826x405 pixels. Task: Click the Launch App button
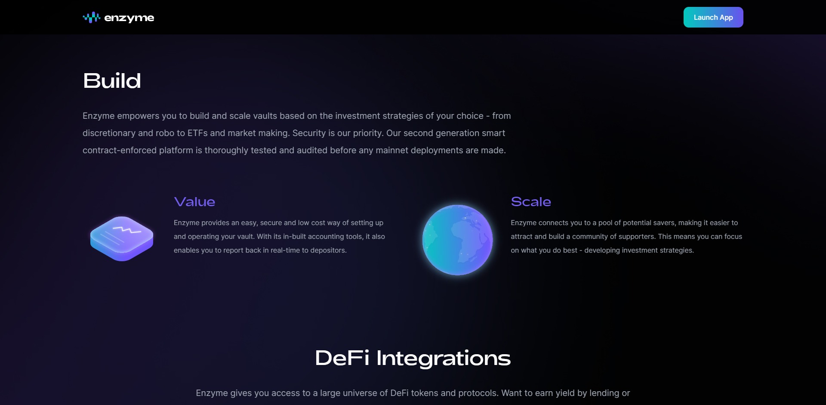point(713,17)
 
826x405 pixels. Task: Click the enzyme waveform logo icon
point(92,17)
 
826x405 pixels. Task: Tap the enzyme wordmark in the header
point(129,18)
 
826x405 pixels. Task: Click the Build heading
point(112,81)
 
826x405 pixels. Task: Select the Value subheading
point(194,202)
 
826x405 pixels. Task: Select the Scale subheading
point(531,202)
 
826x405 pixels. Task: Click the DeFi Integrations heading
point(413,358)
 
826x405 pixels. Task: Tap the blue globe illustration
point(458,240)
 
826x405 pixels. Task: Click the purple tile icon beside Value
point(122,238)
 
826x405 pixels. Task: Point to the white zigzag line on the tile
point(127,230)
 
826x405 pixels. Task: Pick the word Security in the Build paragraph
point(309,133)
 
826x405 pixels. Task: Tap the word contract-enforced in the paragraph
point(120,150)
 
